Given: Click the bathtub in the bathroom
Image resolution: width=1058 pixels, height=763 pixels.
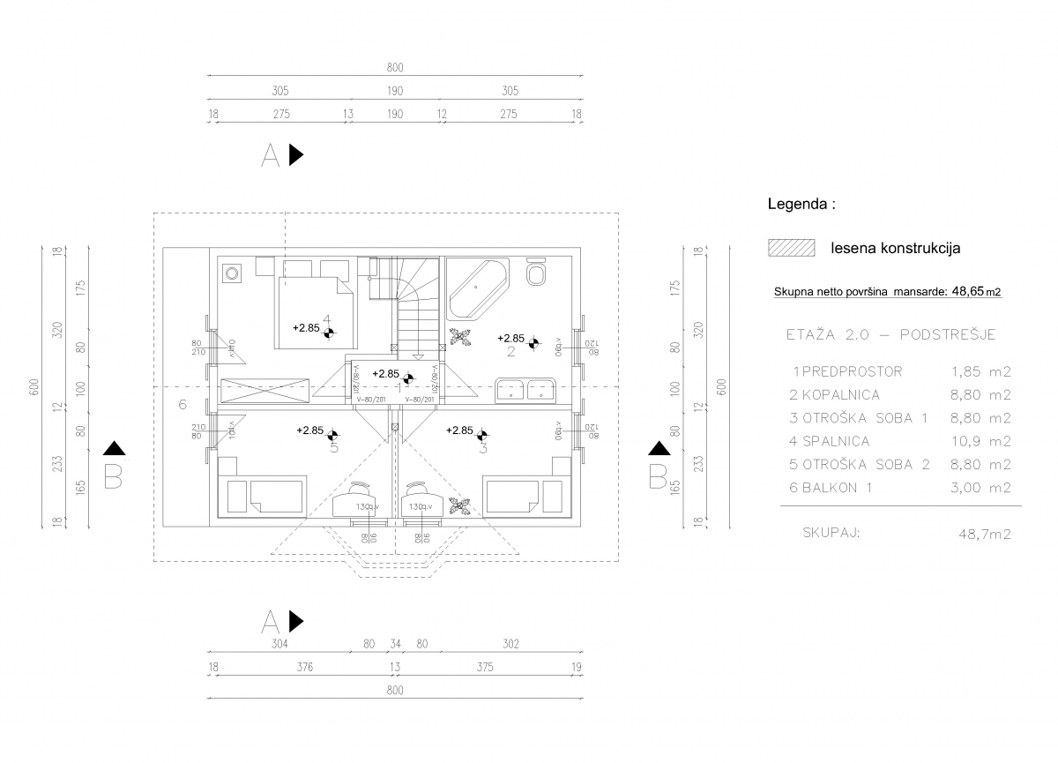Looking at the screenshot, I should (x=477, y=288).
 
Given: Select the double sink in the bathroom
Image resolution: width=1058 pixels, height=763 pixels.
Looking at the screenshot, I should (x=525, y=389).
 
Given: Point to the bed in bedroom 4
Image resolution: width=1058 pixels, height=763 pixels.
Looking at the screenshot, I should (x=316, y=310).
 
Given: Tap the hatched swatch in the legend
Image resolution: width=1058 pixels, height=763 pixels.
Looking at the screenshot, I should (x=791, y=248).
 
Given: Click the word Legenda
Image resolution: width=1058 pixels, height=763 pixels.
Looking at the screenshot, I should (x=801, y=204).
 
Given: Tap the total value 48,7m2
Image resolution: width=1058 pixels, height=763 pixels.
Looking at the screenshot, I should (x=984, y=534).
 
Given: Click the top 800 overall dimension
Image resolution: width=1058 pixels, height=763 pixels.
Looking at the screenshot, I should (x=394, y=67).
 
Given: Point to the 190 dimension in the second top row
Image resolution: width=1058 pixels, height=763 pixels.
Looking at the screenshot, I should (x=394, y=91).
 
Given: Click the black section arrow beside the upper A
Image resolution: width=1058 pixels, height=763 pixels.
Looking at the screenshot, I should (x=296, y=154).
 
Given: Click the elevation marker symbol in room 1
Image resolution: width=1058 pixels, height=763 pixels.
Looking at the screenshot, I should (x=407, y=379).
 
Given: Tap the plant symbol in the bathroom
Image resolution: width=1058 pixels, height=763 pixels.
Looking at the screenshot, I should (x=458, y=335).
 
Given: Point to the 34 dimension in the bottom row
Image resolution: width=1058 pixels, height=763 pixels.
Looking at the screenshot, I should (x=395, y=643).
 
